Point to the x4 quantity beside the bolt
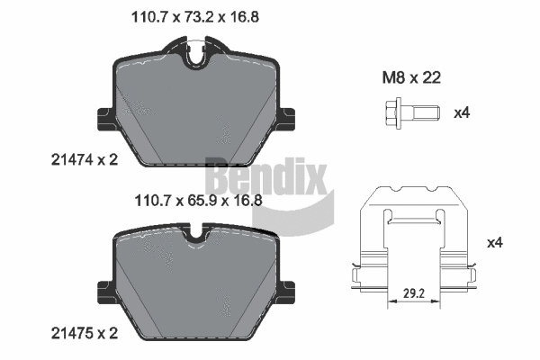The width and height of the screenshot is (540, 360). coord(462,112)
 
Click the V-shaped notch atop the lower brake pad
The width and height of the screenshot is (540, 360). coord(197,238)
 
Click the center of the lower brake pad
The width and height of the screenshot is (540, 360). coord(196,286)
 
